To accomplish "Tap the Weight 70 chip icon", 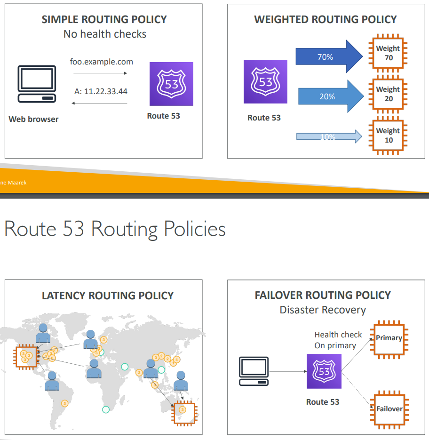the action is coord(388,53).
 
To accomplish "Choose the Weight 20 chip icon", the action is coord(388,94).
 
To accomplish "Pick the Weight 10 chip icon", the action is coord(388,136).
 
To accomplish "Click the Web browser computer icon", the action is coord(37,84).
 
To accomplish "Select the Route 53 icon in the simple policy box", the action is coord(171,84).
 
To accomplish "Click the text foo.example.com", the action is coord(102,62).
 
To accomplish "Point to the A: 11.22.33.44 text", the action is coord(101,91).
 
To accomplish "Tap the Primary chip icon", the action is coord(389,338).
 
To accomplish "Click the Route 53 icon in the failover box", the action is coord(324,371).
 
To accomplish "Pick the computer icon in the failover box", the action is coord(254,371).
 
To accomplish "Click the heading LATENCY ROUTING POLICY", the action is coord(108,296).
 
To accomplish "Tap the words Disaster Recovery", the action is coord(323,310).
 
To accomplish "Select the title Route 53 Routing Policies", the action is coord(115,229).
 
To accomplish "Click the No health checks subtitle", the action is coord(104,34).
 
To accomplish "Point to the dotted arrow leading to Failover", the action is coord(357,389).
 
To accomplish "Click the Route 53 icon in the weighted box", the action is coord(265,81).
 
